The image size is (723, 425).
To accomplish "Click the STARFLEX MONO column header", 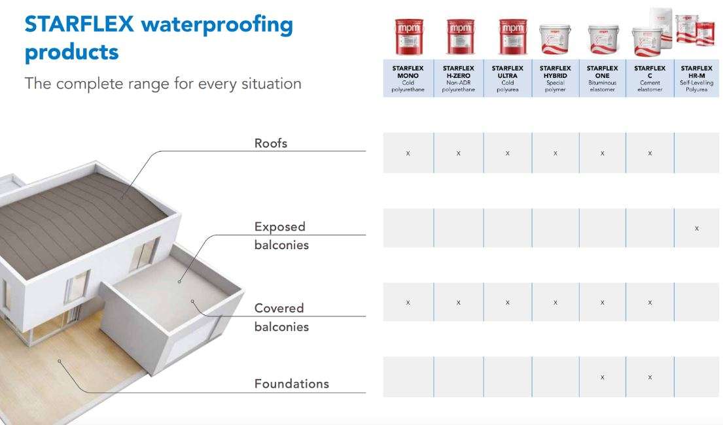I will click(x=408, y=78).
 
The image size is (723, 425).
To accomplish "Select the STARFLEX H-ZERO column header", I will click(x=458, y=78).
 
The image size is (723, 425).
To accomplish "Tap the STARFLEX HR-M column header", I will click(x=696, y=78).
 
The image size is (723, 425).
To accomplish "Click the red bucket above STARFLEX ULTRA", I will click(x=508, y=37).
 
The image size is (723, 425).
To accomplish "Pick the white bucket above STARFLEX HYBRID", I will click(x=555, y=39).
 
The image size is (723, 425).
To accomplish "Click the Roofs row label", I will click(x=271, y=143).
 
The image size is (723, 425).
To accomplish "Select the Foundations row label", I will click(x=291, y=384).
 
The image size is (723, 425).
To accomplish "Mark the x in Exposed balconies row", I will click(x=697, y=228).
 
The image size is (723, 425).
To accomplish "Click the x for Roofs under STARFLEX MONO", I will click(x=408, y=154).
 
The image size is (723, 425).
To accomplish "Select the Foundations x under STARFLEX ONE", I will click(x=602, y=377).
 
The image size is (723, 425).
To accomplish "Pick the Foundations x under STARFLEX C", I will click(x=650, y=377).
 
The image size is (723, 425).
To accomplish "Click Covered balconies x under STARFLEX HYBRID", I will click(x=555, y=303).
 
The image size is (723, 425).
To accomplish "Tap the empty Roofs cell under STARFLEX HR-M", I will click(x=697, y=154).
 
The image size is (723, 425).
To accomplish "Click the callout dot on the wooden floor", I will click(x=59, y=360).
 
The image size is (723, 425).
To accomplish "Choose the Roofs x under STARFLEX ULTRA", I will click(x=508, y=154).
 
